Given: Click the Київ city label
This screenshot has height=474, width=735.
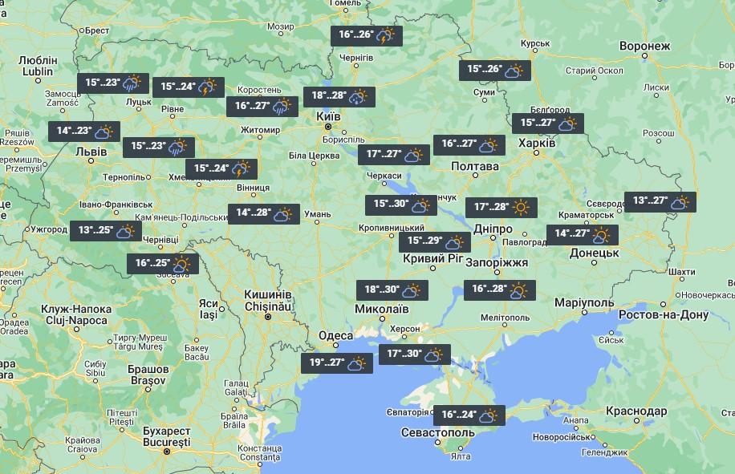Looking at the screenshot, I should point(329,117).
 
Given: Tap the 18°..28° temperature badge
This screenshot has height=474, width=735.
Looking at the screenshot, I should point(338,96).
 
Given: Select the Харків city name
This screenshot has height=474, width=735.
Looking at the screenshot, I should point(537,143).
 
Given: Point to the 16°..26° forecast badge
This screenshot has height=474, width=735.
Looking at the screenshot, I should point(367,35).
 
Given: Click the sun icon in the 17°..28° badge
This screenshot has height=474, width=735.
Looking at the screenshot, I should point(522,207).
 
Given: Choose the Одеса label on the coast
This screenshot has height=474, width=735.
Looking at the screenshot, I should point(335,335).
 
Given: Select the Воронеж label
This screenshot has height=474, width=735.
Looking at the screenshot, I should point(644,47).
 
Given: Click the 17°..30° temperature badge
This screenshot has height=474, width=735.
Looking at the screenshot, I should point(414,354).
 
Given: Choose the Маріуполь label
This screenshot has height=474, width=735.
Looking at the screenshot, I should point(584,302).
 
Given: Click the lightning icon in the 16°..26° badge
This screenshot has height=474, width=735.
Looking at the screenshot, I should point(386,35).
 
